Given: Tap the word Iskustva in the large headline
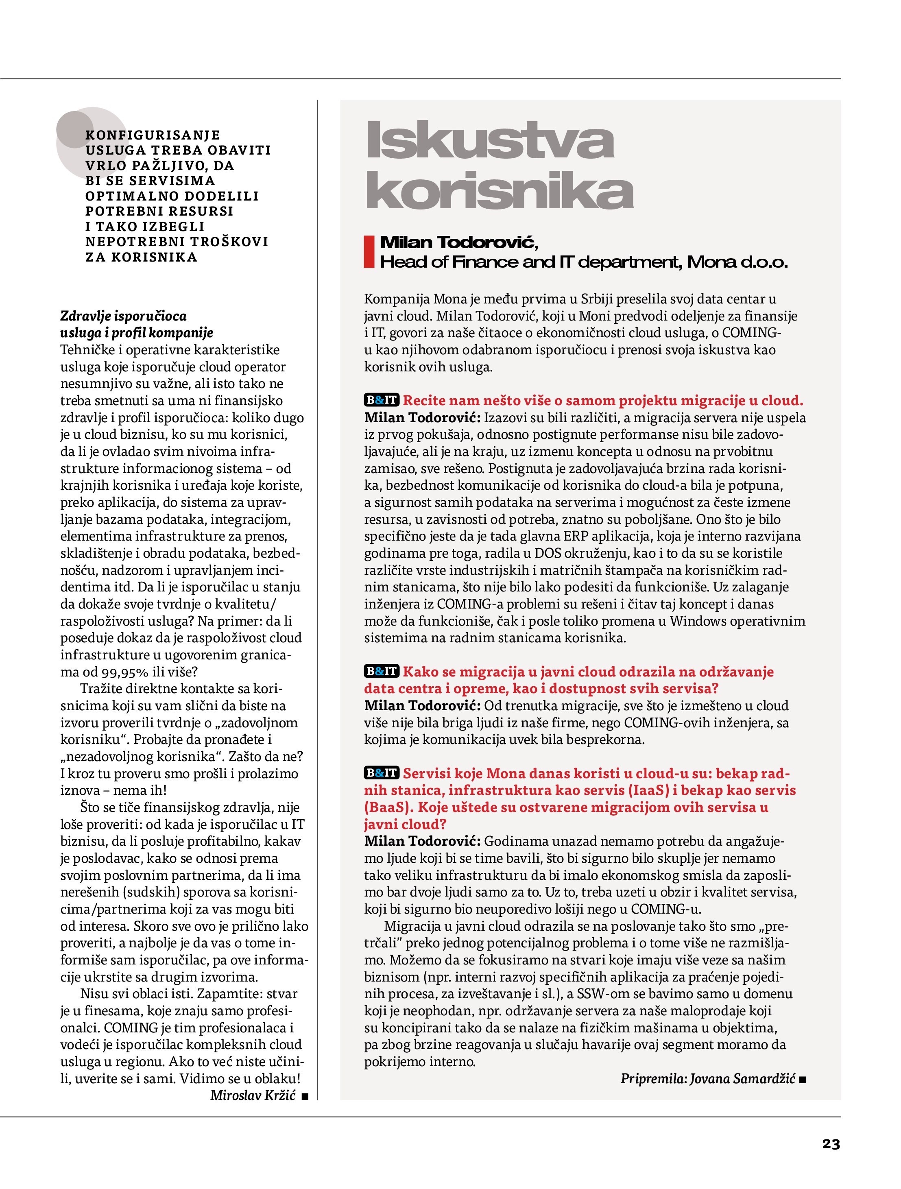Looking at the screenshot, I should point(489,140).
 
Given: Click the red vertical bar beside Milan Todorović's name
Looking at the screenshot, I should point(369,251).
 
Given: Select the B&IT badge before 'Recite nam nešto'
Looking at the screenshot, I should point(382,400).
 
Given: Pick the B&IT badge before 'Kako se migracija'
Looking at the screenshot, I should point(382,671).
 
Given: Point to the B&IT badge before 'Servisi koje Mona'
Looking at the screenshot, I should point(382,773).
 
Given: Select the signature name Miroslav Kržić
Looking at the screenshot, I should point(253,1095).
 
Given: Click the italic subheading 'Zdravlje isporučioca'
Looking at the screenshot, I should point(123,316).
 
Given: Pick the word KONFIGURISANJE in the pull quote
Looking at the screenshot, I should point(153,135).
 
